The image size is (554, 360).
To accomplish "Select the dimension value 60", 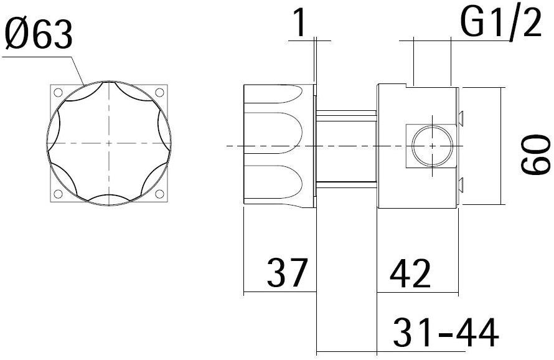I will tap(537, 156).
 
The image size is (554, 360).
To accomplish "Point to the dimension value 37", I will tap(287, 273).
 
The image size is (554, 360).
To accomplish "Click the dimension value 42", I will tap(410, 273).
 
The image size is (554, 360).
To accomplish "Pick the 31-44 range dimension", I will tap(445, 333).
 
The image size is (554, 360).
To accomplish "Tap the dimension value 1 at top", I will tap(300, 24).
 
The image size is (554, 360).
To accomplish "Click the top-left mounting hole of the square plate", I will tap(58, 93).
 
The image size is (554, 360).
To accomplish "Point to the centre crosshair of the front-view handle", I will tap(109, 143).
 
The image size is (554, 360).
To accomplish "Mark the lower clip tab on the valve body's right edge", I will tap(461, 182).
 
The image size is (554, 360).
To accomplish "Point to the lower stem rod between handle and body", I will tap(346, 183).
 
